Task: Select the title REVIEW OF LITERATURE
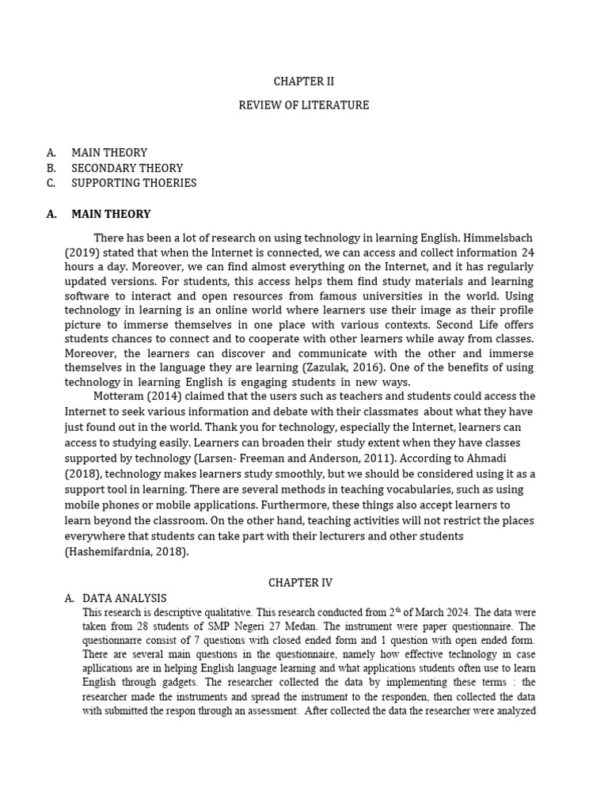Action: [303, 105]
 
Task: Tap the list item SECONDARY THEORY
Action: [127, 168]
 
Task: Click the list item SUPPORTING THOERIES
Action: [134, 183]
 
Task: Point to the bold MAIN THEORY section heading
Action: [111, 214]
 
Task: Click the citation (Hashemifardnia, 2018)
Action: [127, 552]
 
